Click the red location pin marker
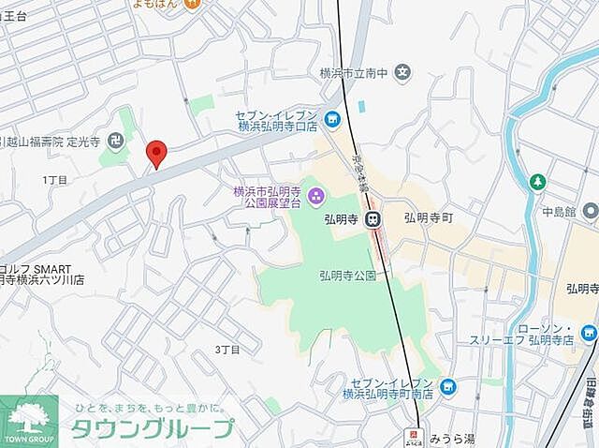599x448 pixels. pos(157,154)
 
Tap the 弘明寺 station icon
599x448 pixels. pos(373,219)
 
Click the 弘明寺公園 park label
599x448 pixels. pos(346,276)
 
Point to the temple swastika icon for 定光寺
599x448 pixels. pos(115,142)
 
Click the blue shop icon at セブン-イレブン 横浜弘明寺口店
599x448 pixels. pos(331,118)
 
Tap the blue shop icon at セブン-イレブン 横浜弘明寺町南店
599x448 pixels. pos(447,386)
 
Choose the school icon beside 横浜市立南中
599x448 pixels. pos(402,70)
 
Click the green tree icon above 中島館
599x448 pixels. pos(538,181)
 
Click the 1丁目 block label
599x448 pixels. pos(55,178)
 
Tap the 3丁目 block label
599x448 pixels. pos(227,350)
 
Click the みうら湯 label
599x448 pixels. pos(449,437)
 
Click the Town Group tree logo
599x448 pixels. pos(29,418)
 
